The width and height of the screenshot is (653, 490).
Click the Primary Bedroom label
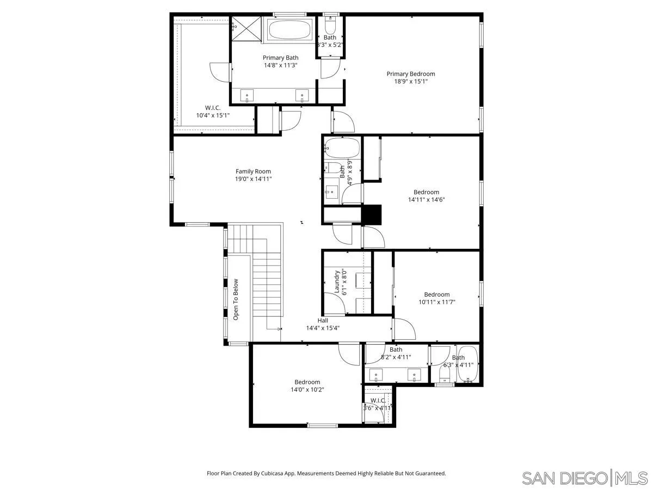click(x=411, y=74)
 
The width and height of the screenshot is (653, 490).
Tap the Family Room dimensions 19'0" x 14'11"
click(x=253, y=179)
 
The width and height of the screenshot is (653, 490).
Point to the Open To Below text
click(x=236, y=299)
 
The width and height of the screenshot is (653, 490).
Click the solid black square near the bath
click(x=372, y=214)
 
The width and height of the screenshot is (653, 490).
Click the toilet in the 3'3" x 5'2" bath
click(x=330, y=26)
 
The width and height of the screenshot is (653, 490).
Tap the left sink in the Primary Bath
click(x=248, y=96)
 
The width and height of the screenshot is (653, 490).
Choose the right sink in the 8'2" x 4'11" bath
click(x=415, y=375)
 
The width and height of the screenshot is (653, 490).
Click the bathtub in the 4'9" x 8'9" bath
click(x=342, y=148)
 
